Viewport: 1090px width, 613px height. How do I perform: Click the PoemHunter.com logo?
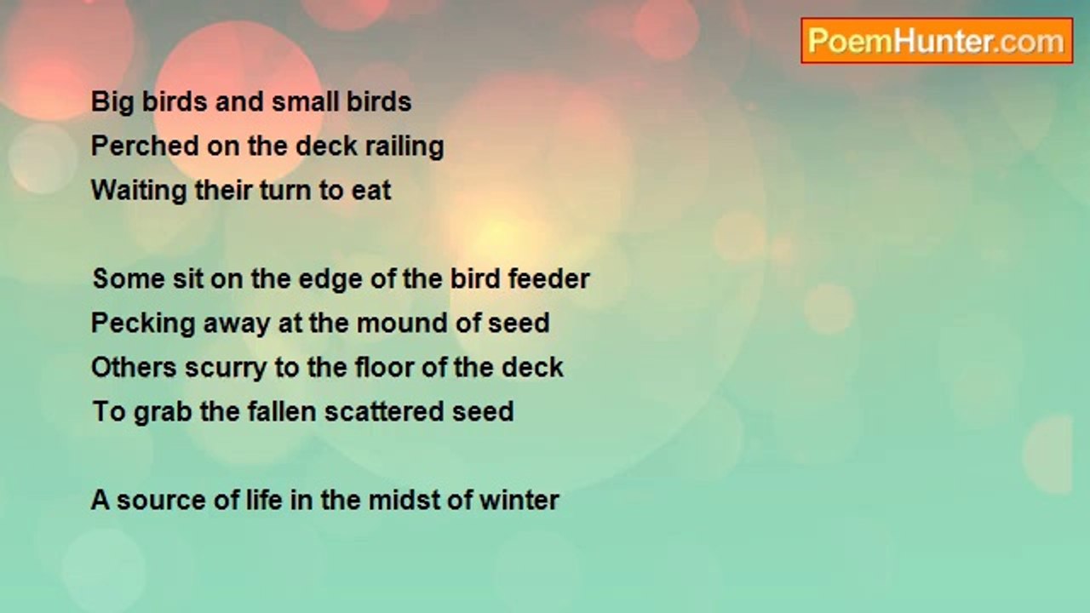(937, 41)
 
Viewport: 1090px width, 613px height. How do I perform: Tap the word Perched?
(146, 146)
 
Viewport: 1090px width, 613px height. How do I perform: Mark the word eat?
(371, 190)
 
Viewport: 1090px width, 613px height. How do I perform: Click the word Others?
(134, 367)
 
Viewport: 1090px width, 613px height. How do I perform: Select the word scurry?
(226, 369)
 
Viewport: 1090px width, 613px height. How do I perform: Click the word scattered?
(385, 411)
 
